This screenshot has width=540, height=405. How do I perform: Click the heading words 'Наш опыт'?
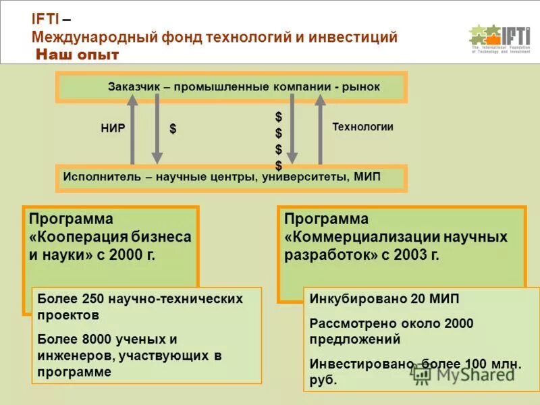(78, 55)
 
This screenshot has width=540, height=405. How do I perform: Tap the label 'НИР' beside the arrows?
(113, 128)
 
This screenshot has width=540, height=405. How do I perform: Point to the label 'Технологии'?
(362, 126)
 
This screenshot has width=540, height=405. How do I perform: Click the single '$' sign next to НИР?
(173, 128)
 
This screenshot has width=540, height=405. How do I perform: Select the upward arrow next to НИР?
(132, 129)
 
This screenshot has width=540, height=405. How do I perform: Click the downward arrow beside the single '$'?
(157, 129)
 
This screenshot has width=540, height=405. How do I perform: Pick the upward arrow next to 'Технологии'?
(320, 129)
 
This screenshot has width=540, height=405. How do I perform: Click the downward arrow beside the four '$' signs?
(292, 129)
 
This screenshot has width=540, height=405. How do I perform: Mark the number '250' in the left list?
(92, 298)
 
